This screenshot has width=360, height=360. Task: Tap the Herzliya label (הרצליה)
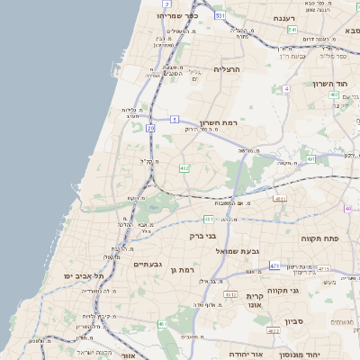pos(229,68)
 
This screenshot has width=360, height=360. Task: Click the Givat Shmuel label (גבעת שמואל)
pos(238,251)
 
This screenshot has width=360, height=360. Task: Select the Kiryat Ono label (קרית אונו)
pos(254,301)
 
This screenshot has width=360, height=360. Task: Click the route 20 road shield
pos(150,129)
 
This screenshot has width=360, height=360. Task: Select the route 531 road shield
pos(220,16)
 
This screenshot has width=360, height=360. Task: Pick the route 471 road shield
pos(274,265)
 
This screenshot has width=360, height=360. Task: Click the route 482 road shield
pos(184,166)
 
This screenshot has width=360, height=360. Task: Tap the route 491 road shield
pos(310,158)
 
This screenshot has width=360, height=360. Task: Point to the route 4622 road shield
pos(274,331)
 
